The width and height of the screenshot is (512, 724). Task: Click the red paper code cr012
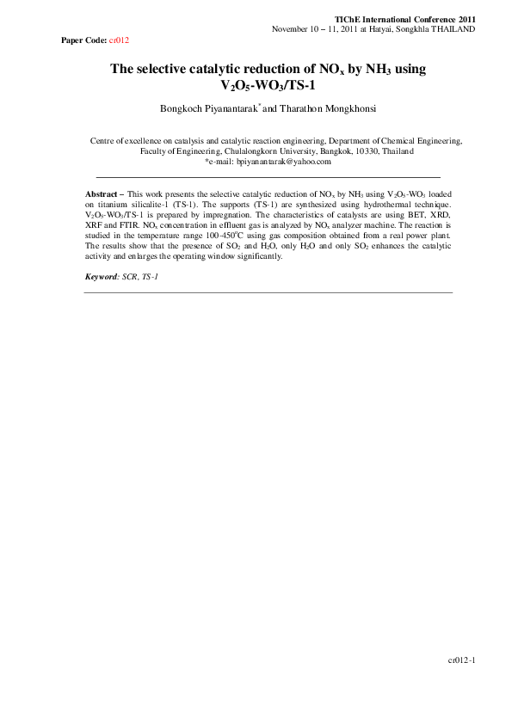point(119,40)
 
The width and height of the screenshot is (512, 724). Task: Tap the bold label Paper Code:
point(84,40)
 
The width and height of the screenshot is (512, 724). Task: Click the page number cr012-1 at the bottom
point(461,660)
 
